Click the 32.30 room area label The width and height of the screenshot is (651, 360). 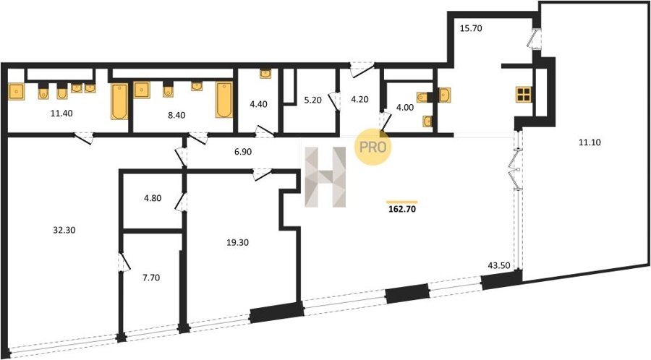64,230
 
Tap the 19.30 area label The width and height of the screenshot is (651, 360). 237,243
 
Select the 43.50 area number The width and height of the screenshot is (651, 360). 498,266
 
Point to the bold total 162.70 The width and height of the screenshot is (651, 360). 402,209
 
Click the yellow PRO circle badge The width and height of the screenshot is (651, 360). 373,147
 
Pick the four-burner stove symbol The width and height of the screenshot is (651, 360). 524,95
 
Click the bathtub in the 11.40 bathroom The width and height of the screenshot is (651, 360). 119,102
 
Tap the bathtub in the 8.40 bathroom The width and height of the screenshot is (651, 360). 224,100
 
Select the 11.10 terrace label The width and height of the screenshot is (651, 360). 590,142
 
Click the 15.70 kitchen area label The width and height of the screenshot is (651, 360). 471,29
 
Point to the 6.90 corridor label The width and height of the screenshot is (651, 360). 243,153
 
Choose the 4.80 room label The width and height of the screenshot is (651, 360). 153,198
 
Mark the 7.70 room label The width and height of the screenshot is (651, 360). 151,278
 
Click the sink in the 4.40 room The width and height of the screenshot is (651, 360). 265,74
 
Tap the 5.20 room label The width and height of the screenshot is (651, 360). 312,100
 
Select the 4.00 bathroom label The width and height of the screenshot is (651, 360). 405,108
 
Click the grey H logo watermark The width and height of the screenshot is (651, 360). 325,177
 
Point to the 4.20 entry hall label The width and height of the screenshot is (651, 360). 359,100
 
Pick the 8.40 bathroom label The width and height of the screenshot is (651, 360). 177,115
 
